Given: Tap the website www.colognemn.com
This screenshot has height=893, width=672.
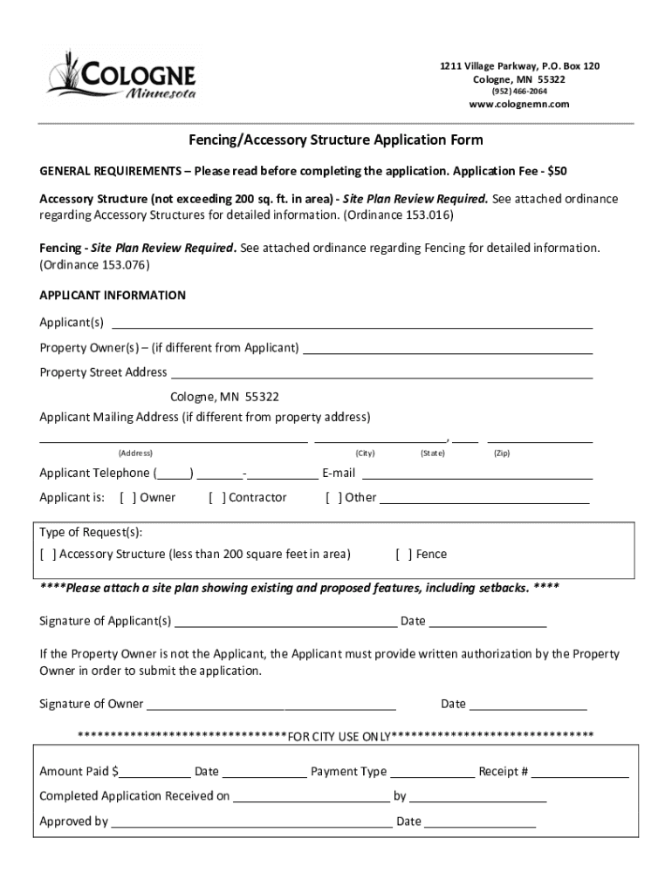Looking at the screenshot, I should click(518, 105).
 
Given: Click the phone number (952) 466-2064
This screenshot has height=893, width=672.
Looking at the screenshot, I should click(518, 92).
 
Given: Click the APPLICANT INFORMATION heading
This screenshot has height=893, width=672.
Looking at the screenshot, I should click(113, 296).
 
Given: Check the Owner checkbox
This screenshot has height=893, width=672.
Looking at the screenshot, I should click(127, 498).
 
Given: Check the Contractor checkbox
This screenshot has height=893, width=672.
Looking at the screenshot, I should click(217, 498).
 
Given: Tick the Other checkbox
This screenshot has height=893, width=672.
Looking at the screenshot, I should click(333, 498).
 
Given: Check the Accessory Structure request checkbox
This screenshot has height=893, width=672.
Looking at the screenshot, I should click(49, 555).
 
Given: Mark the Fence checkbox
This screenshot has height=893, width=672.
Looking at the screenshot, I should click(404, 555).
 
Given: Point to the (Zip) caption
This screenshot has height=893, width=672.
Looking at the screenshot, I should click(502, 453).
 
